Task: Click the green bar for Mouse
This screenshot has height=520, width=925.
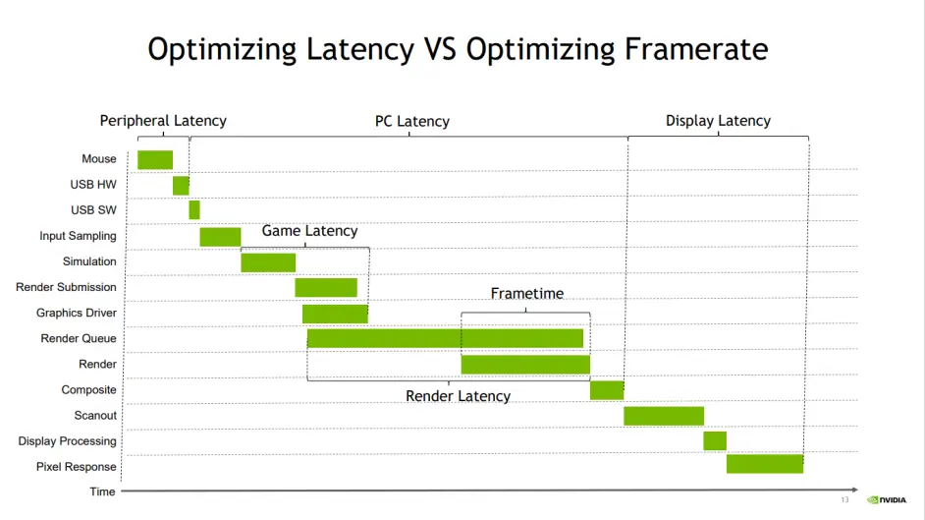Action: coord(155,159)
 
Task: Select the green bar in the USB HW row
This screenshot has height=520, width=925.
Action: coord(181,185)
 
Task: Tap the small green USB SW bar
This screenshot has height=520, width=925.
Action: coord(194,209)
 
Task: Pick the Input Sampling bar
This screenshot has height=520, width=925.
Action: coord(220,236)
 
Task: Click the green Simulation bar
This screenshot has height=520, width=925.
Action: coord(268,261)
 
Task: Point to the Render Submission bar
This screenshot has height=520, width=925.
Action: coord(326,287)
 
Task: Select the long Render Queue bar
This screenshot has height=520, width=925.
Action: coord(445,338)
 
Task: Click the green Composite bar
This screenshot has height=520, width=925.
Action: coord(607,390)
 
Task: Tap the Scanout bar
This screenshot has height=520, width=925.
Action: coord(664,416)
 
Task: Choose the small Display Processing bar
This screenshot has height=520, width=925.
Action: coord(715,440)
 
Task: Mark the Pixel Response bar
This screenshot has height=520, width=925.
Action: coord(765,464)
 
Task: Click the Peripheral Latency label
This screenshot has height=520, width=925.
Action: coord(163,121)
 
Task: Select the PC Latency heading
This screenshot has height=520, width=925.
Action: coord(412,122)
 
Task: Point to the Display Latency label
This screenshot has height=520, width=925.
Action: coord(718,121)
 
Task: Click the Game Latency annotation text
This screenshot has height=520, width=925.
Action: coord(309,231)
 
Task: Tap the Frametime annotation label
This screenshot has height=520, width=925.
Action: coord(527,294)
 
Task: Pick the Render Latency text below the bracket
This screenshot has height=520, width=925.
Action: coord(459,396)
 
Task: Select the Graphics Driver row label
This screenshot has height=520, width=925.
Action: coord(77,313)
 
